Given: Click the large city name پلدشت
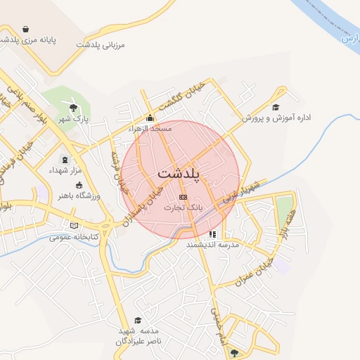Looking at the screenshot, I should pyautogui.click(x=180, y=172).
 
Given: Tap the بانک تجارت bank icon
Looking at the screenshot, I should pyautogui.click(x=184, y=197).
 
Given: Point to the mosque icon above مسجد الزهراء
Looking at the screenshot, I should pyautogui.click(x=150, y=118).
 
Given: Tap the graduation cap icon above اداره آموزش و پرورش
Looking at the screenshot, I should pyautogui.click(x=276, y=108).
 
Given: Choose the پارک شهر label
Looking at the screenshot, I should pyautogui.click(x=74, y=119).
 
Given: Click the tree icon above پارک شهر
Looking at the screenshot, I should pyautogui.click(x=73, y=108).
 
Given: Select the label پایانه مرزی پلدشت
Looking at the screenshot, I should pyautogui.click(x=27, y=40).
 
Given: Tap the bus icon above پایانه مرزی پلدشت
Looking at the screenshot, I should pyautogui.click(x=26, y=29).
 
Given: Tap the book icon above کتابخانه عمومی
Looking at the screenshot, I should pyautogui.click(x=74, y=226).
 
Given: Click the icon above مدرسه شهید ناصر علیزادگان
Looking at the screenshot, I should pyautogui.click(x=139, y=320).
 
